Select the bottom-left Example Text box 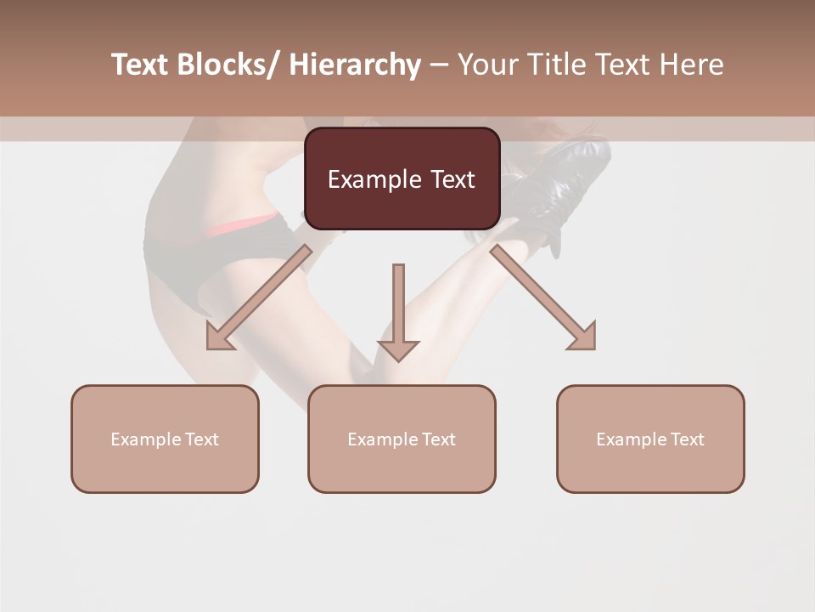[165, 439]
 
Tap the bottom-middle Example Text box [402, 439]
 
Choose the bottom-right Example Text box [650, 439]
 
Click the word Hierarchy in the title [355, 65]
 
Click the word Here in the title [692, 65]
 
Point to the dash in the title [439, 65]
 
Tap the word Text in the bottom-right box [686, 439]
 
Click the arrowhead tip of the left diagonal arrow [209, 348]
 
